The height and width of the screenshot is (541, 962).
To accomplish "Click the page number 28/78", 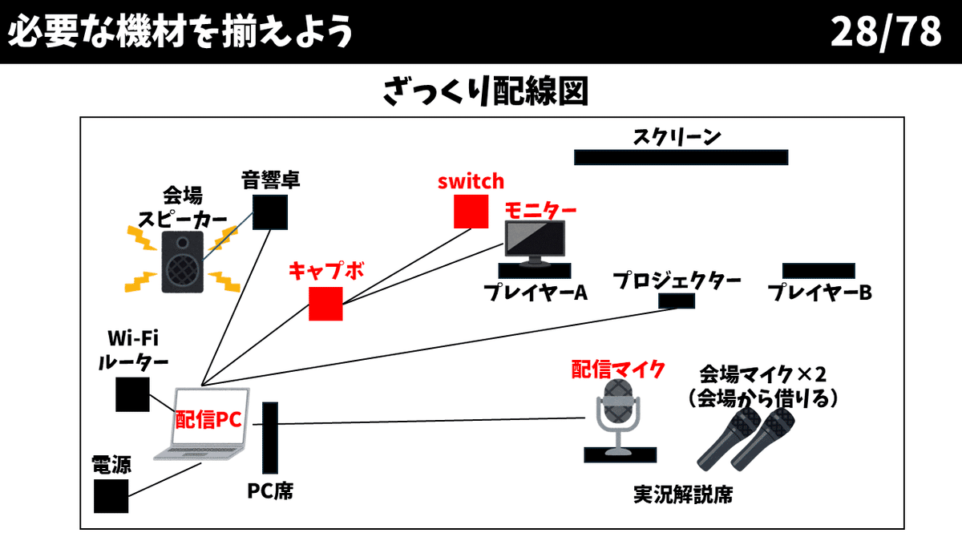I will pyautogui.click(x=885, y=32).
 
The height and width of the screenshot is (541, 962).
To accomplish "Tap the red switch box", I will pyautogui.click(x=471, y=211).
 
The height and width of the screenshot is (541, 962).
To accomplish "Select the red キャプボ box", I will pyautogui.click(x=325, y=304).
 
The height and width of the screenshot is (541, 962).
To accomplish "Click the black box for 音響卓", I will pyautogui.click(x=270, y=212).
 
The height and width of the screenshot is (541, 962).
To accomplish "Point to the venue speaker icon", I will pyautogui.click(x=184, y=260).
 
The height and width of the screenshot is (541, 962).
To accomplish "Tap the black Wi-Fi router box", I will pyautogui.click(x=132, y=394).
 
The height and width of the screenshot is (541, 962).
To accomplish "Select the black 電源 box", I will pyautogui.click(x=111, y=495).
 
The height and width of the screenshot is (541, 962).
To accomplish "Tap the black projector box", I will pyautogui.click(x=676, y=301).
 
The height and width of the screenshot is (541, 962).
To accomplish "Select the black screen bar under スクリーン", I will pyautogui.click(x=681, y=157).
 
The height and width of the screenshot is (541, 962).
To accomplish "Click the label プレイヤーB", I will pyautogui.click(x=819, y=293).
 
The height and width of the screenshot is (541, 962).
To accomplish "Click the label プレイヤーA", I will pyautogui.click(x=535, y=293).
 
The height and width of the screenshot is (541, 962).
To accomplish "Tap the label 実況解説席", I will pyautogui.click(x=682, y=495).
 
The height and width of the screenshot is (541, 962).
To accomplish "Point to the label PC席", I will pyautogui.click(x=270, y=490).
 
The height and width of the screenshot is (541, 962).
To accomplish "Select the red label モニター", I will pyautogui.click(x=540, y=209).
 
